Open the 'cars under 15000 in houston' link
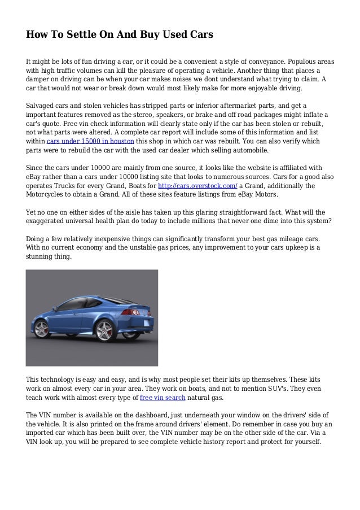click(91, 141)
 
